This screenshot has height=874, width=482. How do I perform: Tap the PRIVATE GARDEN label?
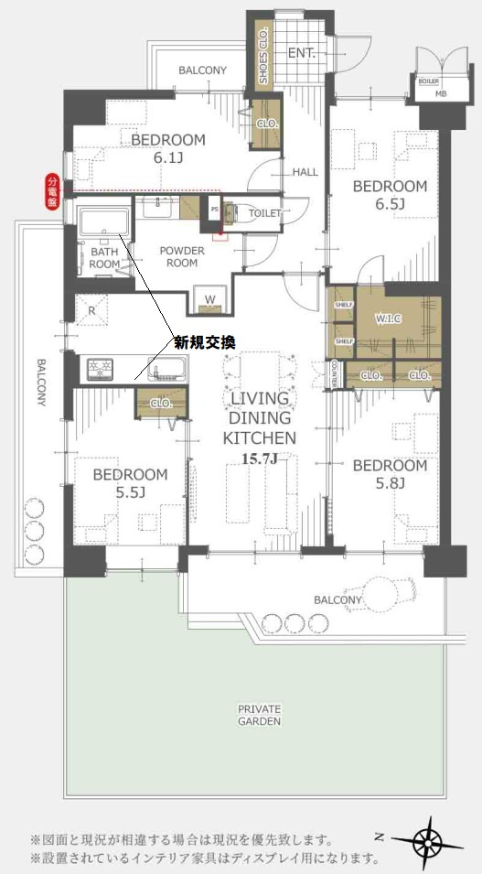point(260,715)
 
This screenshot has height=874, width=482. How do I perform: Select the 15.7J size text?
point(259,458)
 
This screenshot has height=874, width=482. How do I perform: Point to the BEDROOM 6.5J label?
point(390,195)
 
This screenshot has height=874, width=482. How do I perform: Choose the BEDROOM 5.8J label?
point(390,475)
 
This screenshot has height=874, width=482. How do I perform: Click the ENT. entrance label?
point(302,53)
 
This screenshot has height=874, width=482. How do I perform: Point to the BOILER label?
point(429,81)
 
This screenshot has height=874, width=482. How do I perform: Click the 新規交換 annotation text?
point(205,342)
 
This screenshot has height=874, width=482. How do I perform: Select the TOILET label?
point(264,213)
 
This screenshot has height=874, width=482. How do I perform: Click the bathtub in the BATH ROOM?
point(102,222)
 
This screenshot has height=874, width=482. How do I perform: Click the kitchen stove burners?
point(98,369)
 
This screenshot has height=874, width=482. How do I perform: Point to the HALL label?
point(305,172)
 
